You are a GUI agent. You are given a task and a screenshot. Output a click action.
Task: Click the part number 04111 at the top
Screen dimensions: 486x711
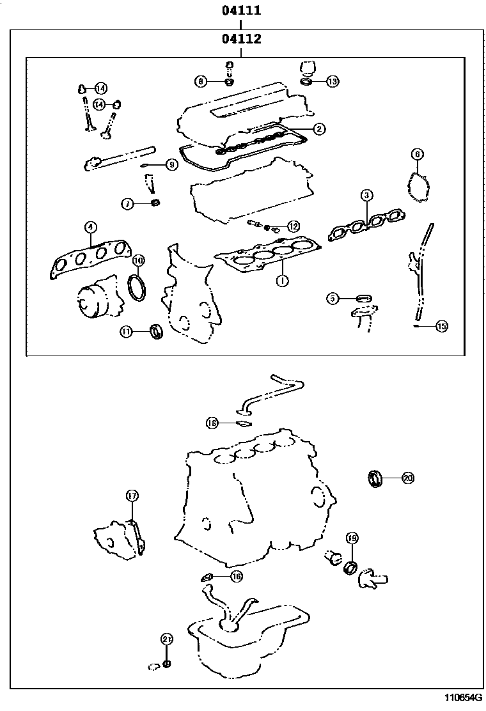[x=241, y=11]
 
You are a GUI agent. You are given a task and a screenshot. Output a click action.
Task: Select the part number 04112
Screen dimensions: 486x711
[x=241, y=39]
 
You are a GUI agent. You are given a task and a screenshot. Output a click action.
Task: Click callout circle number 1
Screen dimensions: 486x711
[x=279, y=280]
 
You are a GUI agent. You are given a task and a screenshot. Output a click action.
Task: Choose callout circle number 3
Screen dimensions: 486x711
[x=366, y=194]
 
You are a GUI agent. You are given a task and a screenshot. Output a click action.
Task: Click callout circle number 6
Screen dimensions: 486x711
[x=417, y=153]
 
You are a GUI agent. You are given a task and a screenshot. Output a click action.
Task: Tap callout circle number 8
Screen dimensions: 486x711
[x=201, y=81]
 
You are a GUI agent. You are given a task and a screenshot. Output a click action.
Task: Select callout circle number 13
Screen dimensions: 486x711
[x=332, y=81]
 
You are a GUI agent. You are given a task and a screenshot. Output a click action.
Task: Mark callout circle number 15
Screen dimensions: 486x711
[x=441, y=326]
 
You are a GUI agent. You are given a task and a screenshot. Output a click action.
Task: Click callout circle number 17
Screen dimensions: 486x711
[x=132, y=496]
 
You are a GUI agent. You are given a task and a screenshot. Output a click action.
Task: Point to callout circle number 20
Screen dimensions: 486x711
[x=408, y=477]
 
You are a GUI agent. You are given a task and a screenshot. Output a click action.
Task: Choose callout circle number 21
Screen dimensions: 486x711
[x=166, y=639]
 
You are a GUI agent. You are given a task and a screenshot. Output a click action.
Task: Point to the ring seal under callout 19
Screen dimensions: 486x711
[x=350, y=566]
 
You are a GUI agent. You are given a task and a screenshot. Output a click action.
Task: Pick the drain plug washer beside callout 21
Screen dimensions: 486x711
[x=166, y=664]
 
